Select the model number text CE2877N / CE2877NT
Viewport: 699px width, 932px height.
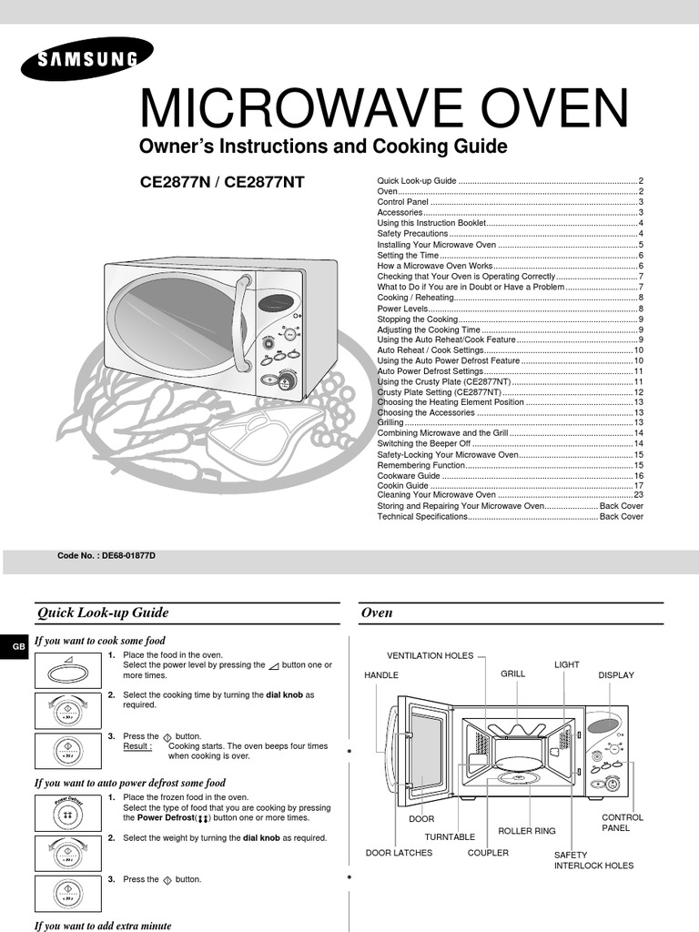tap(222, 182)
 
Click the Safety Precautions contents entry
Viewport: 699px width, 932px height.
tap(413, 234)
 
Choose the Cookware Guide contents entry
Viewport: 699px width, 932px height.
tap(409, 476)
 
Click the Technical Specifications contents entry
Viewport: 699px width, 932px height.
tap(422, 516)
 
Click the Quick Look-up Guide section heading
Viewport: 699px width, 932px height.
tap(102, 613)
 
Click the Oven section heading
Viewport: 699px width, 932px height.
tap(377, 613)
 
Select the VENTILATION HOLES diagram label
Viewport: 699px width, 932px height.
tap(430, 655)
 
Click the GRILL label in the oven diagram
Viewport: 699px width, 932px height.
tap(512, 674)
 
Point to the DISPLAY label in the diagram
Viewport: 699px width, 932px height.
tap(615, 675)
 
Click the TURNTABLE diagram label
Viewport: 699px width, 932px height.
tap(450, 836)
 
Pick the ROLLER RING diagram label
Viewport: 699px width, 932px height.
tap(526, 831)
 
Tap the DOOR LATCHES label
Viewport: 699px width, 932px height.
tap(399, 853)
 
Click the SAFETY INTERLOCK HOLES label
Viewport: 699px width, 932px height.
tap(593, 860)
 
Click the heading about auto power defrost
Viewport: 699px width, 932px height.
tap(129, 783)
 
